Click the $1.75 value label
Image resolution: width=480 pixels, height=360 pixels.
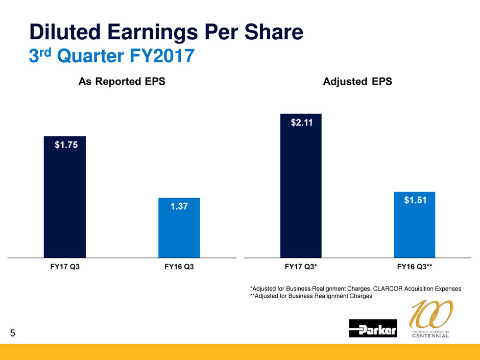click(66, 145)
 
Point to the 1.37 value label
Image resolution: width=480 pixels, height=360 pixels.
click(179, 206)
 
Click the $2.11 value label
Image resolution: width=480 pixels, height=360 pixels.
click(302, 123)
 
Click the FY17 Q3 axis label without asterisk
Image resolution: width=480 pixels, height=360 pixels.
click(64, 267)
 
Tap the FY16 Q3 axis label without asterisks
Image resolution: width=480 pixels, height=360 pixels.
click(179, 267)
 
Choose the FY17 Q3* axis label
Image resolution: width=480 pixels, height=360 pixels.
click(302, 267)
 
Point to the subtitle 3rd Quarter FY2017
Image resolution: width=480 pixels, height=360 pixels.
click(111, 55)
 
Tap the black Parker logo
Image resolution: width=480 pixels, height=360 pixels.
click(373, 328)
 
